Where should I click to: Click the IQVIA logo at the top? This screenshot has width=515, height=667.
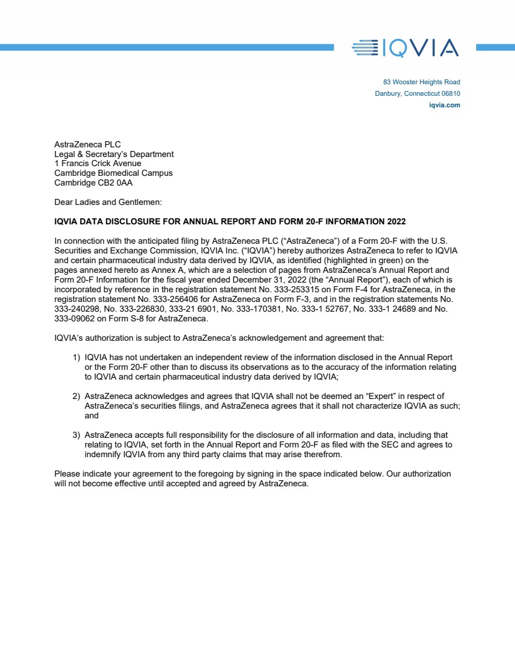click(x=405, y=47)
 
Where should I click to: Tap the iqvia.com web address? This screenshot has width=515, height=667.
click(x=444, y=105)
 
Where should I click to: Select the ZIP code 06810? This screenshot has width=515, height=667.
click(x=451, y=93)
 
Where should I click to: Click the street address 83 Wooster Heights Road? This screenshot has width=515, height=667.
click(x=421, y=82)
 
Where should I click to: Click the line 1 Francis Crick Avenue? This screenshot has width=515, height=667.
click(x=98, y=163)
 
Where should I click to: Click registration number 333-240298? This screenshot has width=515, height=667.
click(x=74, y=309)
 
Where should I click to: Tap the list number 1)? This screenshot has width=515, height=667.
click(x=76, y=357)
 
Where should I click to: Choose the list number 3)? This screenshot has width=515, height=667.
click(x=76, y=435)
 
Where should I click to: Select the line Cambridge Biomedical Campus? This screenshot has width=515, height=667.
click(x=113, y=173)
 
